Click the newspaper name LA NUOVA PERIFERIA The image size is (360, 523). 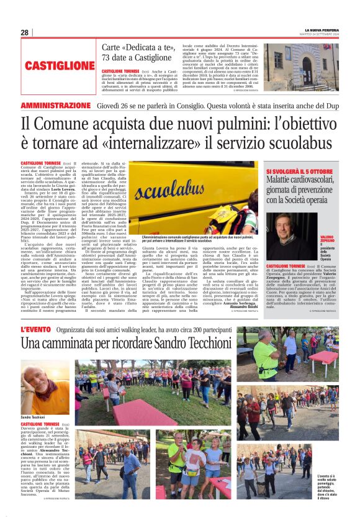click(x=321, y=30)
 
